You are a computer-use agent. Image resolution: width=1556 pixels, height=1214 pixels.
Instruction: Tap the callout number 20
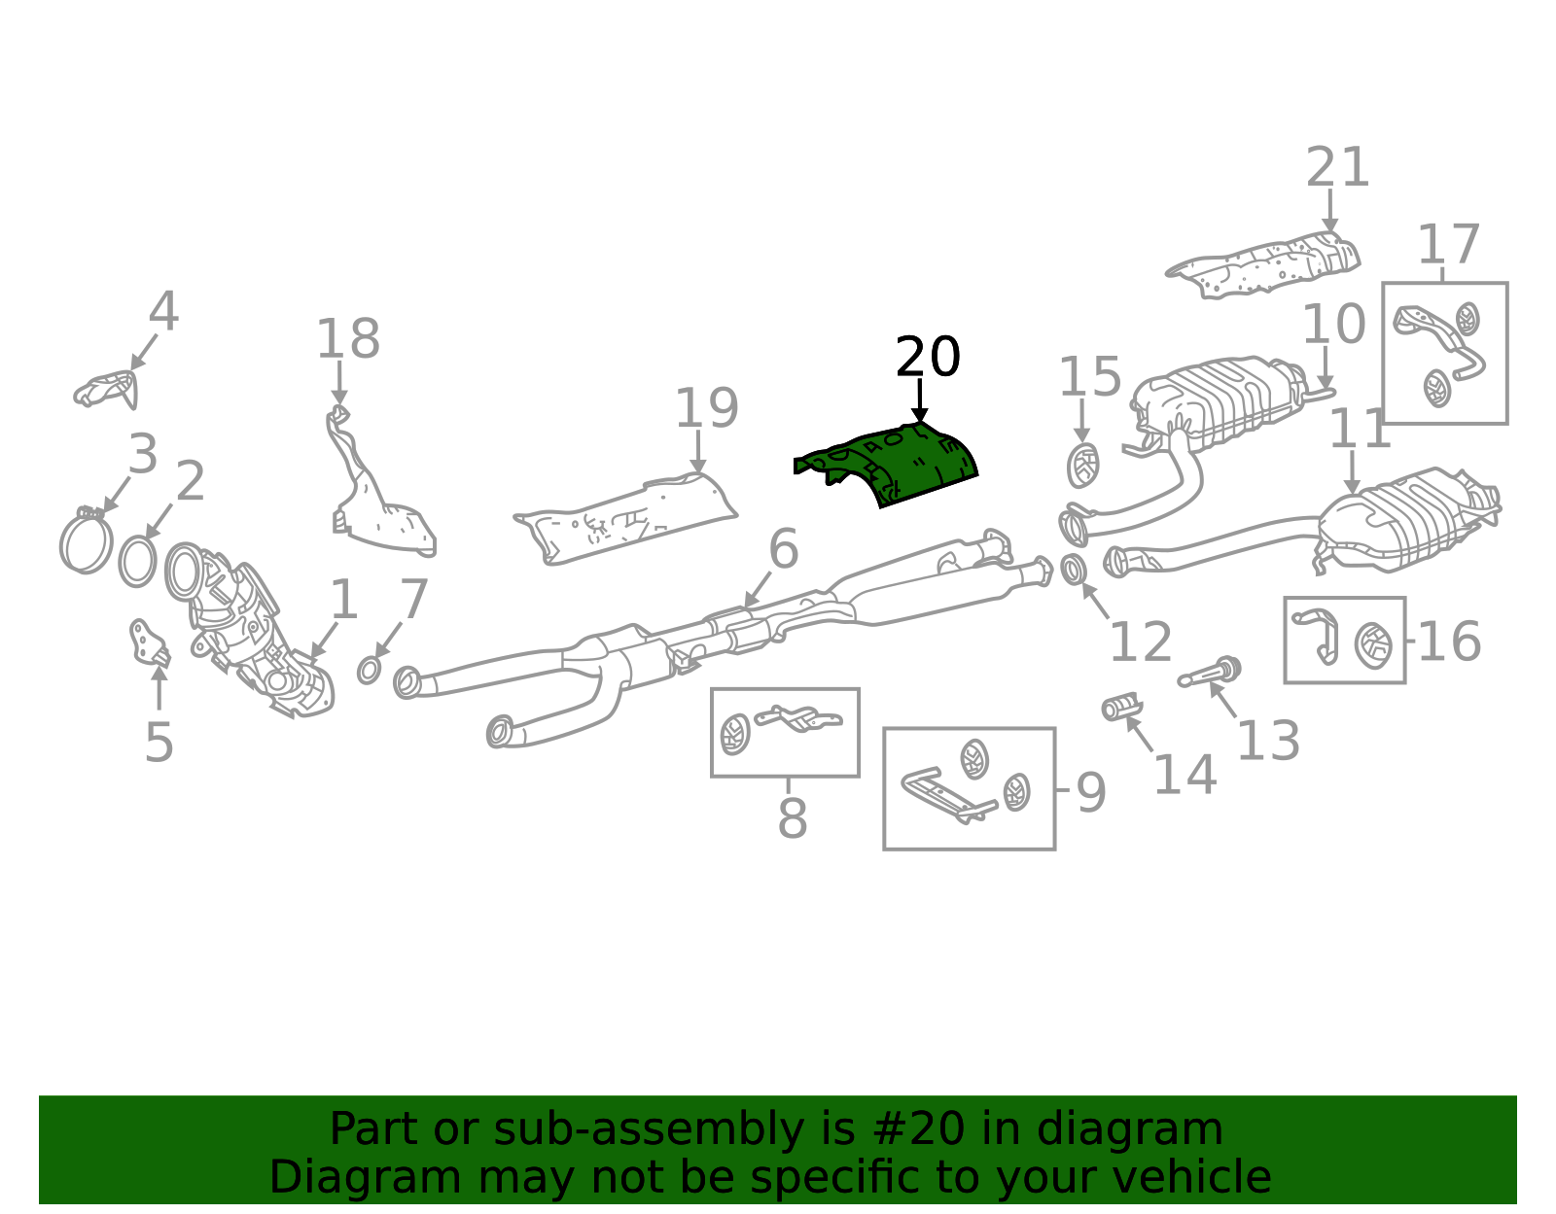pyautogui.click(x=928, y=357)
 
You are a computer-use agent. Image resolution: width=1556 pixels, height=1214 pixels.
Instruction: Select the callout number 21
pyautogui.click(x=1337, y=167)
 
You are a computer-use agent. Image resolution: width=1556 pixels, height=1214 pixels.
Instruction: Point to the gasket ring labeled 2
pyautogui.click(x=137, y=562)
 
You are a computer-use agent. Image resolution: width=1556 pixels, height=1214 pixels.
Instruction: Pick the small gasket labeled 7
pyautogui.click(x=369, y=671)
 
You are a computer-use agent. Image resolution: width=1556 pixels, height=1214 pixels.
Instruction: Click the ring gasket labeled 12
pyautogui.click(x=1074, y=570)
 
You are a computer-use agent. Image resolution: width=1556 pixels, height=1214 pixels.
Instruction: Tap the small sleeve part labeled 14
pyautogui.click(x=1121, y=707)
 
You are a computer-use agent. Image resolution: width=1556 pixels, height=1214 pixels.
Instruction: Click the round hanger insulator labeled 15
pyautogui.click(x=1082, y=466)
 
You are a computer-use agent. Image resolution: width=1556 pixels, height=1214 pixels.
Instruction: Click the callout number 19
pyautogui.click(x=706, y=408)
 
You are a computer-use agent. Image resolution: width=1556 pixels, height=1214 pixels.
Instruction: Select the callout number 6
pyautogui.click(x=784, y=549)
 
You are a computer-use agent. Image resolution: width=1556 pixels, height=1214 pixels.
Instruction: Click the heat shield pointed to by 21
pyautogui.click(x=1262, y=265)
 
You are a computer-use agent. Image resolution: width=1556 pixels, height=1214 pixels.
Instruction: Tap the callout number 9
pyautogui.click(x=1091, y=792)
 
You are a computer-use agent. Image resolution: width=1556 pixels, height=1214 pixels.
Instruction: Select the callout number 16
pyautogui.click(x=1449, y=641)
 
